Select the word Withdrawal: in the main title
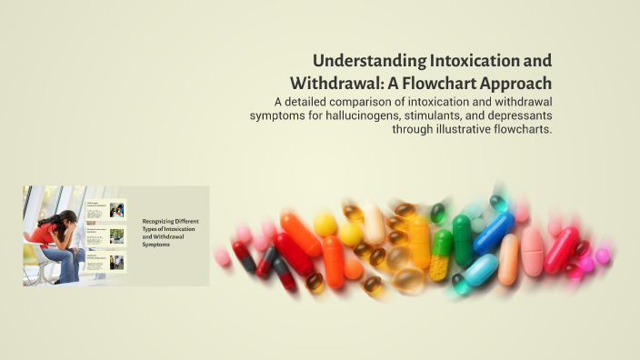click(332, 83)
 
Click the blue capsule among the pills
click(494, 234)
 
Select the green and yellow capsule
click(441, 255)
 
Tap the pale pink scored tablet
click(533, 251)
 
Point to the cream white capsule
click(375, 224)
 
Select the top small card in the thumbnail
click(105, 211)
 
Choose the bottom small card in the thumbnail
click(105, 263)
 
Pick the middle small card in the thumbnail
click(105, 236)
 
